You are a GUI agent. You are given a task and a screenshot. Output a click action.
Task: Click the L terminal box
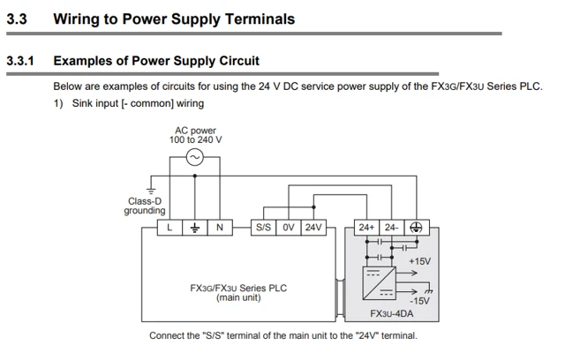[169, 228]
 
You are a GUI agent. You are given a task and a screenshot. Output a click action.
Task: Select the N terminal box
[220, 228]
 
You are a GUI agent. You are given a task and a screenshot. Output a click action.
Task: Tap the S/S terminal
[263, 228]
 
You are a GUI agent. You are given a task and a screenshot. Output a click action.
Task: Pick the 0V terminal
[289, 228]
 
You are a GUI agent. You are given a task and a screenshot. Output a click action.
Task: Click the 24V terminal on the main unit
[313, 228]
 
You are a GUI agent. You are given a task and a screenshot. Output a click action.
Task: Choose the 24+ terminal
[366, 228]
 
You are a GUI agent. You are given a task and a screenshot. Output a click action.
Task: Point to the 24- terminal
[392, 228]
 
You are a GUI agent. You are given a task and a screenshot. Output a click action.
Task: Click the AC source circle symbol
[195, 157]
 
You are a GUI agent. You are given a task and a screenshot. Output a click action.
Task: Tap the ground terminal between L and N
[195, 228]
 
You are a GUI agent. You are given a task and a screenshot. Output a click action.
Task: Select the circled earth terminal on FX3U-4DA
[417, 228]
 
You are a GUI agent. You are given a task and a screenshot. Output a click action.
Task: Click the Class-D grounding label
[145, 206]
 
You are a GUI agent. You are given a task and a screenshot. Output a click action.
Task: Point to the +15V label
[420, 261]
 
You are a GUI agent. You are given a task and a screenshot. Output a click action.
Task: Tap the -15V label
[420, 301]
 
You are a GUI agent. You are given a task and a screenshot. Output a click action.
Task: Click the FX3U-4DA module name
[392, 313]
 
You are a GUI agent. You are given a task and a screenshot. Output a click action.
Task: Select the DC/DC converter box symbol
[379, 283]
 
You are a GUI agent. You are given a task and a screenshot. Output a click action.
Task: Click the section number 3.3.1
[20, 61]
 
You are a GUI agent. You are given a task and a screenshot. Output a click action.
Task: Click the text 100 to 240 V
[196, 139]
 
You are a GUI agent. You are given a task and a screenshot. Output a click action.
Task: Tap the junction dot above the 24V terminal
[313, 207]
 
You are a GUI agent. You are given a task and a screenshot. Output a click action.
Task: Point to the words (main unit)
[238, 297]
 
